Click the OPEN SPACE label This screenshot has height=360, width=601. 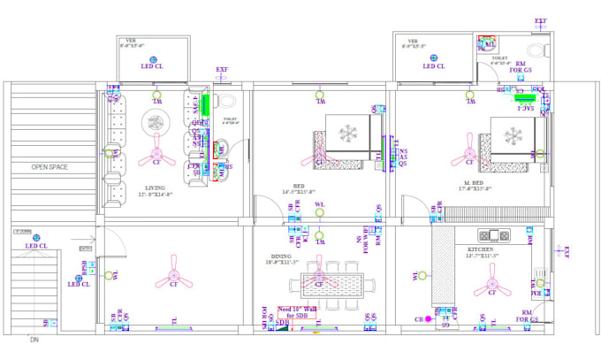pos(49,166)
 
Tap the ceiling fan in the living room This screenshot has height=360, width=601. pos(157,149)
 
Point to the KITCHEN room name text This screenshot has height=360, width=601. pos(483,252)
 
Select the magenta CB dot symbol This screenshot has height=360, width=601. pos(428,318)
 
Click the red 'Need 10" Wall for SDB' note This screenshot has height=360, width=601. pos(295,312)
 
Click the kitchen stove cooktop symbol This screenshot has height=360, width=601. pos(492,236)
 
